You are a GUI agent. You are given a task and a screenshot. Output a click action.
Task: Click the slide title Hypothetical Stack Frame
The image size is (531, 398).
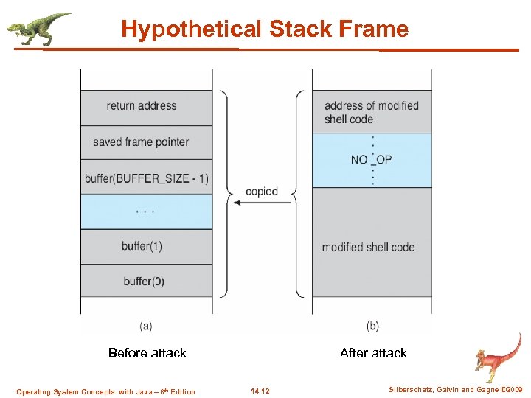(x=265, y=29)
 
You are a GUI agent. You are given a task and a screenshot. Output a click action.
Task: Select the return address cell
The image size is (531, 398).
(x=146, y=106)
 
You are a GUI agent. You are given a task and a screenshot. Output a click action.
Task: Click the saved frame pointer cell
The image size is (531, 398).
(x=146, y=142)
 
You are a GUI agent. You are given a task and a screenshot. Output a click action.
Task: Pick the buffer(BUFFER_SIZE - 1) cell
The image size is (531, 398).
(x=146, y=178)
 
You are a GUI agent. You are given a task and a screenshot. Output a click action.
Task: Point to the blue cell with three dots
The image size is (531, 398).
(x=146, y=212)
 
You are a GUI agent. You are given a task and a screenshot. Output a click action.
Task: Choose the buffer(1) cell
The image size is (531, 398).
(x=146, y=246)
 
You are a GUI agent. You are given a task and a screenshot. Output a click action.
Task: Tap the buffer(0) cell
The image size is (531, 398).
(x=146, y=281)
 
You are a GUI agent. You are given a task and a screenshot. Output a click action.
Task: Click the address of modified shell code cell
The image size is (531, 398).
(x=372, y=112)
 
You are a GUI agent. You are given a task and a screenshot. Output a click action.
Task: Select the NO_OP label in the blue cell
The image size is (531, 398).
(x=372, y=160)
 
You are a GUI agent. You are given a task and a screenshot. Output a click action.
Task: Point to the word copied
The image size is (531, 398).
(x=262, y=192)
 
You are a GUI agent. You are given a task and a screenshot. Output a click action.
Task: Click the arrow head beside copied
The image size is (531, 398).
(x=236, y=203)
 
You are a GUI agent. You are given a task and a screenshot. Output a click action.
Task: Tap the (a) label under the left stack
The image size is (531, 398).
(x=146, y=325)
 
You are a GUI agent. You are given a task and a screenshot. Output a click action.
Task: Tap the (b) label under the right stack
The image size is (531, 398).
(x=373, y=325)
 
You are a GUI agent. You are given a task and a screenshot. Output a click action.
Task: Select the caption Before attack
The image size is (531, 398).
(x=147, y=353)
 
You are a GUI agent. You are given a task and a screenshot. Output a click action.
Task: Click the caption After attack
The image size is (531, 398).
(x=373, y=353)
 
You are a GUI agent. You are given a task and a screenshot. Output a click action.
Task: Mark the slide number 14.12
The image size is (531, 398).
(x=260, y=391)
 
